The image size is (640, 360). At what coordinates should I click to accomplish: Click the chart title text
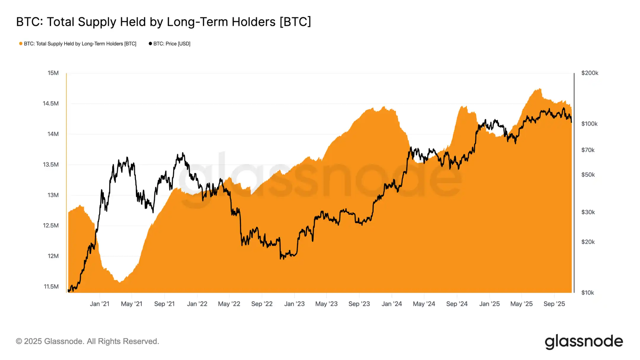pyautogui.click(x=164, y=22)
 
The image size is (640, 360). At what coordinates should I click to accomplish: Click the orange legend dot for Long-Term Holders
pyautogui.click(x=21, y=44)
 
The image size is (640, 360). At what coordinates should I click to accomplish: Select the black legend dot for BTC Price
pyautogui.click(x=150, y=44)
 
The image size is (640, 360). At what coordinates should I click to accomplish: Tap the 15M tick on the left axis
pyautogui.click(x=53, y=73)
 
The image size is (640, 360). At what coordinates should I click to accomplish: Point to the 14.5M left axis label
pyautogui.click(x=51, y=103)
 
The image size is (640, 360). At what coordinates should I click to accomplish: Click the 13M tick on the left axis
pyautogui.click(x=53, y=195)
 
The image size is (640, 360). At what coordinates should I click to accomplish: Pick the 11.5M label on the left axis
pyautogui.click(x=51, y=287)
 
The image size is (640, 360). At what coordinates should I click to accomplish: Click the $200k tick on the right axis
pyautogui.click(x=590, y=73)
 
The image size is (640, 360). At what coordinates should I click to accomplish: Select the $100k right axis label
pyautogui.click(x=589, y=124)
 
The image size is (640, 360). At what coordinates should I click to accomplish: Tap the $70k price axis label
pyautogui.click(x=588, y=150)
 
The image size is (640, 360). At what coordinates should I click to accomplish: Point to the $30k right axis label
pyautogui.click(x=588, y=212)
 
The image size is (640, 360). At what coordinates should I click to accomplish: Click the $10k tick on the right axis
pyautogui.click(x=588, y=293)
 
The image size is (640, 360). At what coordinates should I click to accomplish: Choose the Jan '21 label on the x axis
pyautogui.click(x=100, y=304)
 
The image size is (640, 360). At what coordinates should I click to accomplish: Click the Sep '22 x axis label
pyautogui.click(x=262, y=304)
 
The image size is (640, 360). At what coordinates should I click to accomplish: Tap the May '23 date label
pyautogui.click(x=326, y=304)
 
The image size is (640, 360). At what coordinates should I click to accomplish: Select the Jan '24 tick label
pyautogui.click(x=391, y=304)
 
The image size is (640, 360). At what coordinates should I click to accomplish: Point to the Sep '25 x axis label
pyautogui.click(x=554, y=304)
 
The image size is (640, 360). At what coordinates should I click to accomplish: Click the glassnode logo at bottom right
pyautogui.click(x=584, y=342)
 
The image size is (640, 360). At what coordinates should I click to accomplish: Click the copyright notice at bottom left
pyautogui.click(x=87, y=341)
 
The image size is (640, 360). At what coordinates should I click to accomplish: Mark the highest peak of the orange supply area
pyautogui.click(x=540, y=89)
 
